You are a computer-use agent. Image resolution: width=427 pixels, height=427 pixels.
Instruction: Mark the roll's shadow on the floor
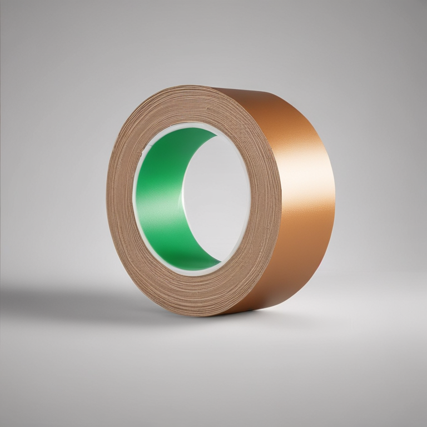tap(83, 300)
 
